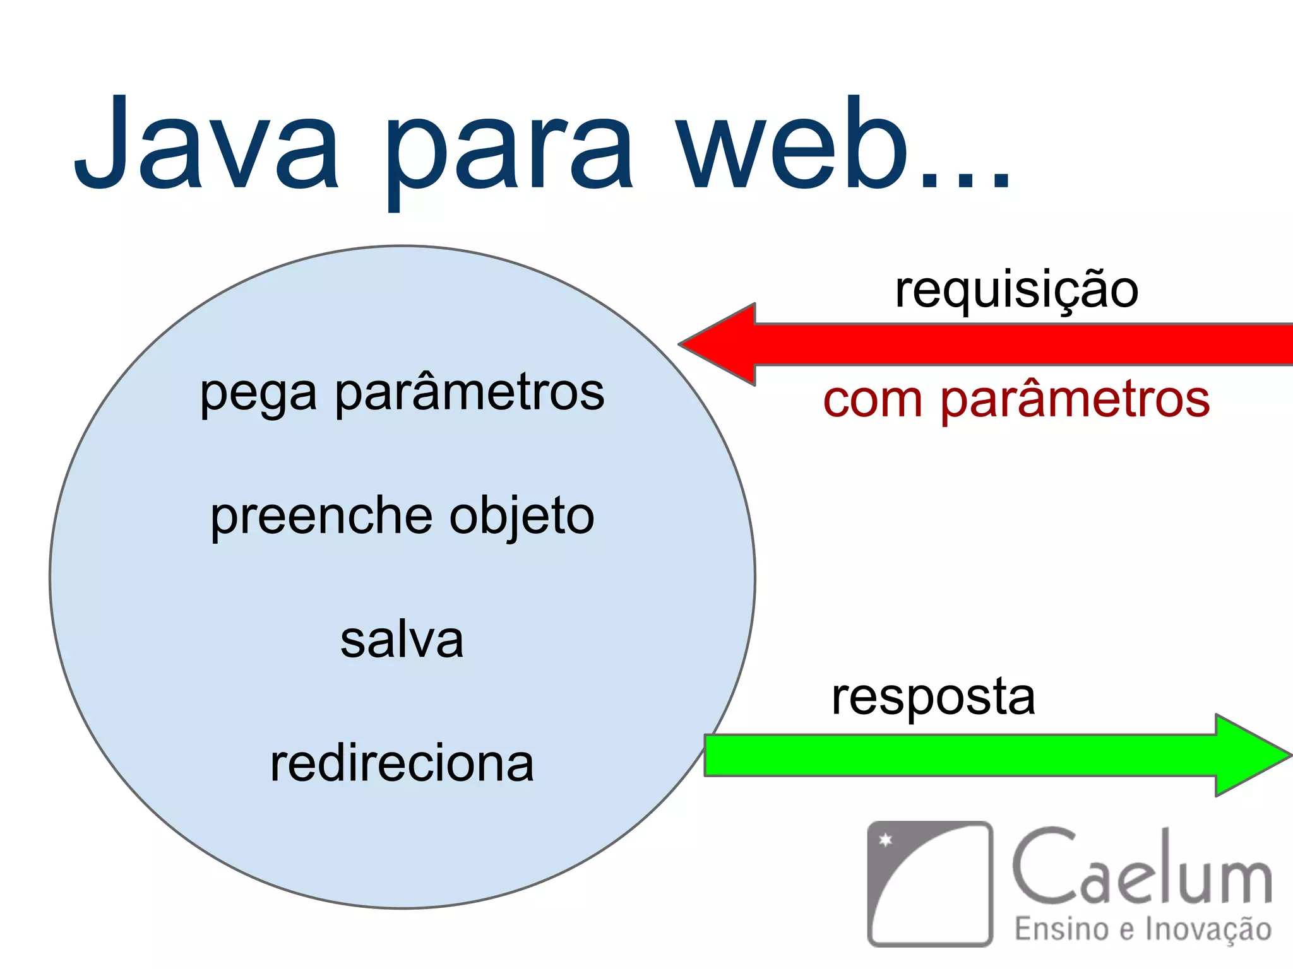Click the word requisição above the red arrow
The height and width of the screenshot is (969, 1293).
pos(1016,290)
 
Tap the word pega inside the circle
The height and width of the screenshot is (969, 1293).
pos(258,395)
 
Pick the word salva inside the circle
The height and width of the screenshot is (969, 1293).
pos(402,640)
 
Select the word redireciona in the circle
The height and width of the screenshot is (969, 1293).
pos(402,763)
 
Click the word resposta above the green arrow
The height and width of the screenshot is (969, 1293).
pos(933,698)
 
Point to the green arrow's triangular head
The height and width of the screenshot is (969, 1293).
pos(1250,755)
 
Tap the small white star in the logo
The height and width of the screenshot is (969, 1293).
pos(886,840)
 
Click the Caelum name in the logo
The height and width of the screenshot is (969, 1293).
pos(1141,867)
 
